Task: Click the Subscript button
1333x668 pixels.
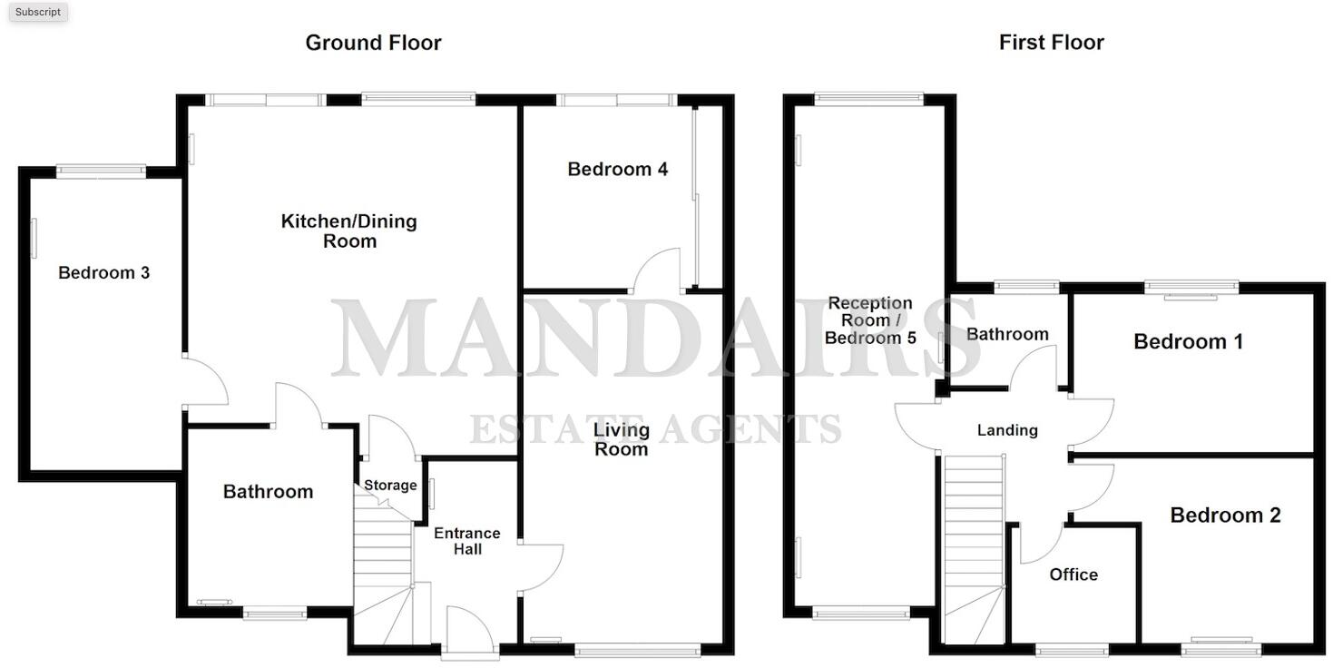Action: [x=38, y=12]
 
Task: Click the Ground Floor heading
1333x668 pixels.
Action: [x=373, y=43]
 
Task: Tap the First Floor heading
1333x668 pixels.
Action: [x=1051, y=43]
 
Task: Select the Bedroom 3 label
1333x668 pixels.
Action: [x=103, y=273]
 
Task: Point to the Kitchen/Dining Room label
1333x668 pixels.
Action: [x=349, y=231]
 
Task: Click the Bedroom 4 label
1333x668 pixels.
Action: [x=617, y=170]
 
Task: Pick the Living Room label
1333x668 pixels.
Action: [x=621, y=439]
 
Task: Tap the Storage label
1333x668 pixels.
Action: [x=390, y=486]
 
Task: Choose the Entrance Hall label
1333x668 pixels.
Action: [x=466, y=541]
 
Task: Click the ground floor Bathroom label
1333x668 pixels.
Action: [x=268, y=492]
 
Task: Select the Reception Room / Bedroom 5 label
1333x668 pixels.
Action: [x=870, y=320]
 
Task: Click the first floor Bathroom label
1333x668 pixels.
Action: [x=1006, y=335]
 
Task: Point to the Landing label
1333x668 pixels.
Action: [x=1006, y=430]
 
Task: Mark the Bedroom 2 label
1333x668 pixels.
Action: [x=1225, y=516]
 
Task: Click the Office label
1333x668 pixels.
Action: [x=1073, y=575]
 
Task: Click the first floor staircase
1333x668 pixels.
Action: [x=975, y=545]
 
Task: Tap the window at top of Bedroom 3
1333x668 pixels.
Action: [x=101, y=170]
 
